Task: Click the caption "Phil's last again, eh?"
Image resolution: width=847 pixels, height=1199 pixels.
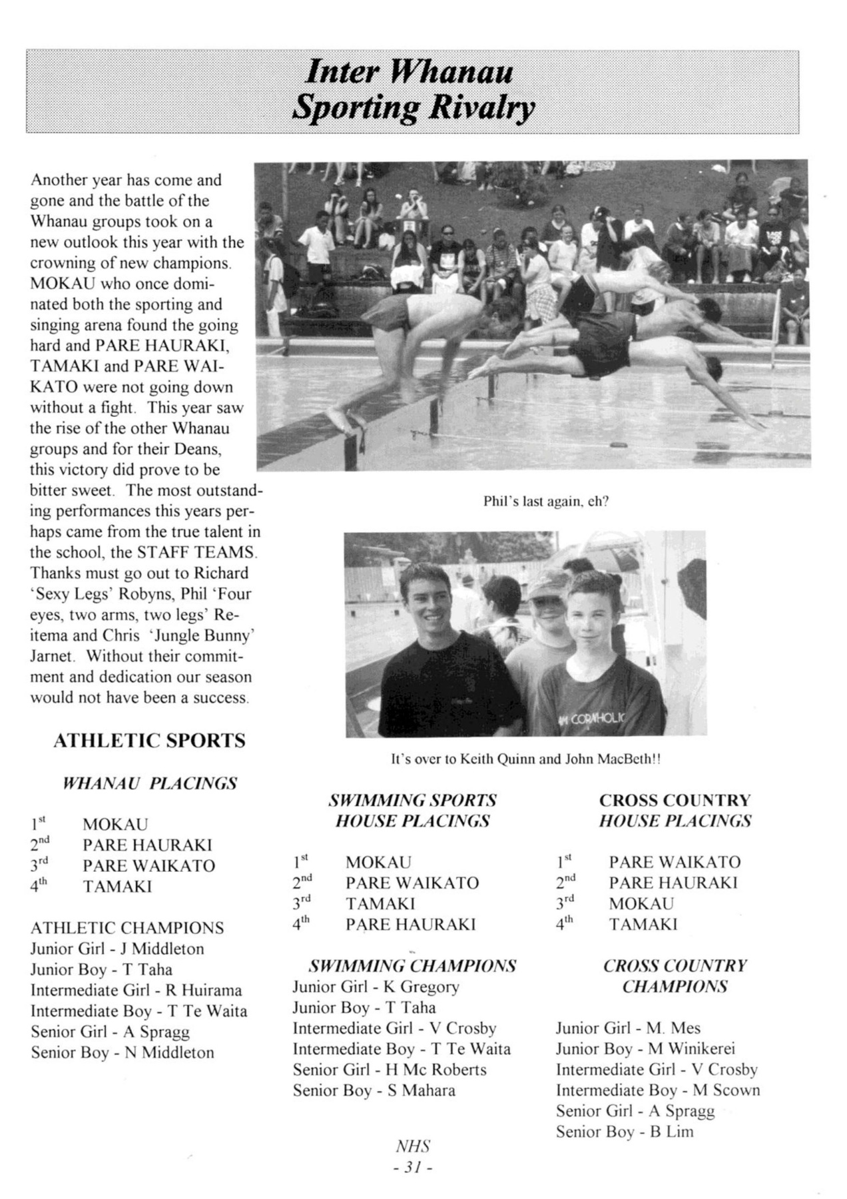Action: [x=545, y=502]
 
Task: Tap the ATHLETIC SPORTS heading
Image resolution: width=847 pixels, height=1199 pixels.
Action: [x=149, y=741]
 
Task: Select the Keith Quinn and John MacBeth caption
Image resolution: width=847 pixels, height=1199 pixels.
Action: [x=525, y=759]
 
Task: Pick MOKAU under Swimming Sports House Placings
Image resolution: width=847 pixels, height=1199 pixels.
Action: [x=378, y=863]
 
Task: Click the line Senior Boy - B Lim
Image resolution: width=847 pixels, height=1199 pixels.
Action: [x=624, y=1132]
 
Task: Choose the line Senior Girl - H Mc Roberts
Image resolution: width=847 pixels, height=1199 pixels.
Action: [x=390, y=1070]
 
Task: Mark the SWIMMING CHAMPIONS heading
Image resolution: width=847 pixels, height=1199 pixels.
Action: [x=412, y=966]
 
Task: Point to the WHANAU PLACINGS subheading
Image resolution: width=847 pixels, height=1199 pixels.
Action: [x=149, y=783]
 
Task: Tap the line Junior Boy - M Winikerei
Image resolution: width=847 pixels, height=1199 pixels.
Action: [x=645, y=1049]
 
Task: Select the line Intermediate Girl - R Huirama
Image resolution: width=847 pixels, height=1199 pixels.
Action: [x=136, y=991]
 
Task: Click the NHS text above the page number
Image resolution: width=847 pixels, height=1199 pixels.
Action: [x=413, y=1146]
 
